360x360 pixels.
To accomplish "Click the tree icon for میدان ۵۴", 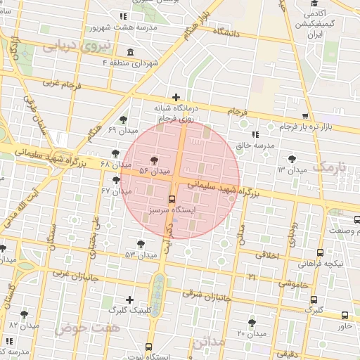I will pyautogui.click(x=155, y=161).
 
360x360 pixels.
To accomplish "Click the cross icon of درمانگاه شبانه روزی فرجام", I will pyautogui.click(x=176, y=97).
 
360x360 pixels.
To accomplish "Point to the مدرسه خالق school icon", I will pyautogui.click(x=255, y=134).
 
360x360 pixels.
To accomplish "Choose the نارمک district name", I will pyautogui.click(x=331, y=167).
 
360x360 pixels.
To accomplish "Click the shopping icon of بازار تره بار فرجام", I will pyautogui.click(x=304, y=116).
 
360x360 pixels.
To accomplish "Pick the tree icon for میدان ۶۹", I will pyautogui.click(x=124, y=120).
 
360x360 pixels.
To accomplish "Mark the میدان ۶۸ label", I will pyautogui.click(x=115, y=164).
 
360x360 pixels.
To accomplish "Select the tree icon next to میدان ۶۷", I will pyautogui.click(x=116, y=180).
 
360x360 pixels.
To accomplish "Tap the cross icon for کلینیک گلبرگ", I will pyautogui.click(x=129, y=300).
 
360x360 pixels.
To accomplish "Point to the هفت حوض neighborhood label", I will pyautogui.click(x=91, y=328).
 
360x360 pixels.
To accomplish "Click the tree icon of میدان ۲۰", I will pyautogui.click(x=252, y=323).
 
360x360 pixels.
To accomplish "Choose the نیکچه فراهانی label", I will pyautogui.click(x=321, y=264).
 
